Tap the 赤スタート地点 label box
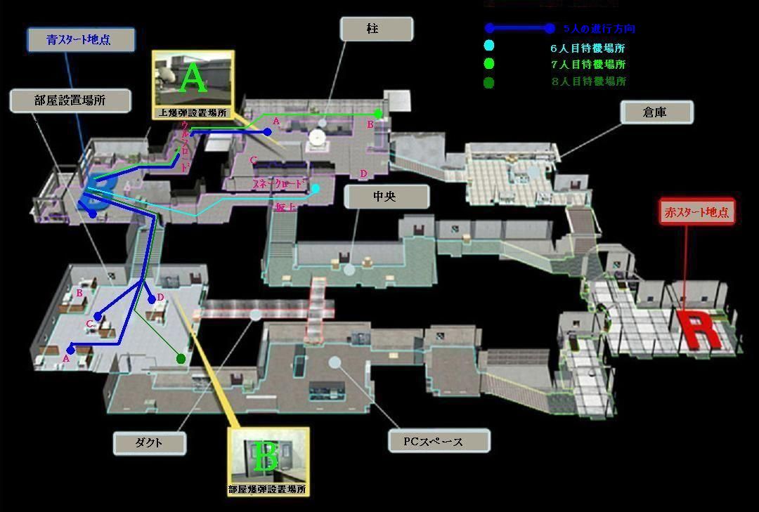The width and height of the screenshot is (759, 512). point(696,212)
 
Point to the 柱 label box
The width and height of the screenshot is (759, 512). point(376,29)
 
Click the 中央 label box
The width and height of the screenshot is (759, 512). point(386,197)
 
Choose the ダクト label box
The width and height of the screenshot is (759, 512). point(150,442)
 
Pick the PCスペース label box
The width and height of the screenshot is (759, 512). point(439,441)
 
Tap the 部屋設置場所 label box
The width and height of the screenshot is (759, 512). point(70,100)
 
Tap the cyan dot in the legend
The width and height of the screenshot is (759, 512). point(489,46)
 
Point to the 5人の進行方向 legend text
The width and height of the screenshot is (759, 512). point(599,29)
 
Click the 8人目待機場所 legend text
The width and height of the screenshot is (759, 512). point(588,81)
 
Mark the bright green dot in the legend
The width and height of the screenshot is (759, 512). point(489,64)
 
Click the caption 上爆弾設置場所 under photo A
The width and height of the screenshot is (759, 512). point(193,112)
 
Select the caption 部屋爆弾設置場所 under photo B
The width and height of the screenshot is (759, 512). point(268,490)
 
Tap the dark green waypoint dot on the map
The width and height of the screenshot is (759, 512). point(181,359)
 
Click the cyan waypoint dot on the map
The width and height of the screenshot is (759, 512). point(316,188)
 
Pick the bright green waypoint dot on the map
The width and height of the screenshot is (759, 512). point(378,113)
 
